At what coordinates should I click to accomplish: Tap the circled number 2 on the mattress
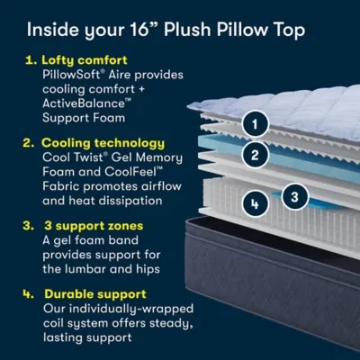pyautogui.click(x=256, y=154)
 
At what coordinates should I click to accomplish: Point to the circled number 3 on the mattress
pyautogui.click(x=292, y=194)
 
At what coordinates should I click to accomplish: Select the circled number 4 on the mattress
pyautogui.click(x=256, y=204)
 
